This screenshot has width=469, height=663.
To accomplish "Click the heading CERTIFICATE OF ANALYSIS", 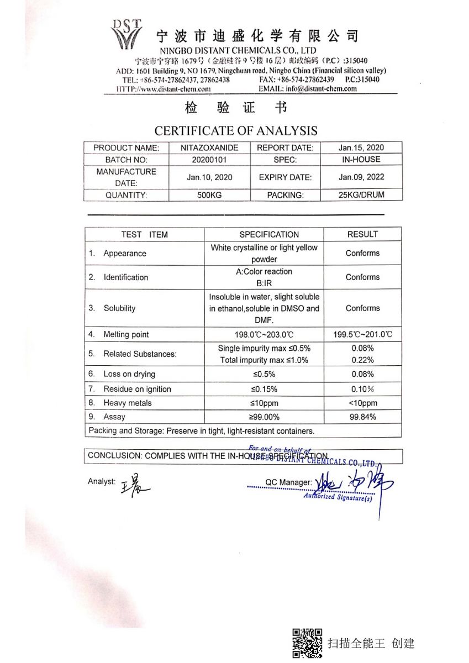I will click(x=236, y=131).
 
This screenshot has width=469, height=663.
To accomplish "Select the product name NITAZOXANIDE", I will click(x=209, y=148).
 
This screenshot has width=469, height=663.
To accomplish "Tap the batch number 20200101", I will click(x=209, y=160).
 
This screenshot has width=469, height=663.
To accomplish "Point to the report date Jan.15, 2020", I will click(x=361, y=148).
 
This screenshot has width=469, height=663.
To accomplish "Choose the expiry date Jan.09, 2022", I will click(x=361, y=177).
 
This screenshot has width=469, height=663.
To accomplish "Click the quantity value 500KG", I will click(x=209, y=195).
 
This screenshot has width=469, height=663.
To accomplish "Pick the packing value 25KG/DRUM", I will click(x=361, y=195).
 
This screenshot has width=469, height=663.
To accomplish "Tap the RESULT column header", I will click(x=362, y=234).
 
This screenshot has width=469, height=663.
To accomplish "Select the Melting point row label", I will click(x=126, y=335).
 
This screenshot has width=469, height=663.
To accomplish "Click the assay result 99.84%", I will click(x=362, y=417).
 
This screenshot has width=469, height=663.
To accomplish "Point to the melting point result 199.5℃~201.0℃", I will click(x=362, y=335).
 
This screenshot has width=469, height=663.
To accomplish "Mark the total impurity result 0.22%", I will click(x=362, y=360).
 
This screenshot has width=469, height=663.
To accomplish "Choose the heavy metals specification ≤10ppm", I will click(x=264, y=403).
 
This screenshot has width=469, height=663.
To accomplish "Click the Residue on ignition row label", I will click(x=137, y=389).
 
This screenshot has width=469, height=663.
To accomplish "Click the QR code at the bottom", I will click(x=307, y=643).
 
